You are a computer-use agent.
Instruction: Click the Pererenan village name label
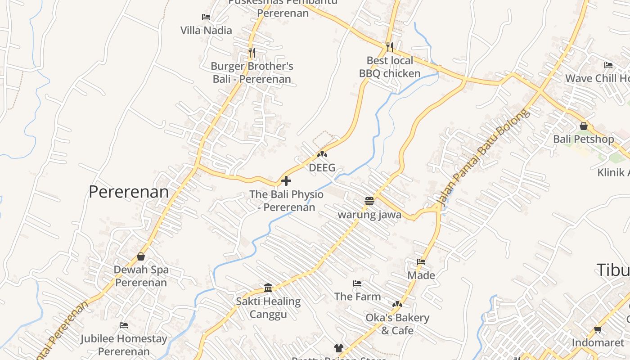129,192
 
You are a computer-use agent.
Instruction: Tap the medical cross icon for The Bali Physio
286,181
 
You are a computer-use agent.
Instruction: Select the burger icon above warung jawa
369,201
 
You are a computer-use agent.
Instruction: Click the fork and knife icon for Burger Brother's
252,53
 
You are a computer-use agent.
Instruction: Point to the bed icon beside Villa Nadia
206,17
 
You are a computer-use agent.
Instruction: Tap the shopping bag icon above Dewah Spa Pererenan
141,256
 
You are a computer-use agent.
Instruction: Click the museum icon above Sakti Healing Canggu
268,288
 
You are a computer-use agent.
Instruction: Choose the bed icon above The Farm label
357,283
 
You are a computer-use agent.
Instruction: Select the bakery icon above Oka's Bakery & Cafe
397,305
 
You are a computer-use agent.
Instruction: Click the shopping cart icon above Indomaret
598,330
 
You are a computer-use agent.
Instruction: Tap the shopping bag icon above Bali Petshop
584,126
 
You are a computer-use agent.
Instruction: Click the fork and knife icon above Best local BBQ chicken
390,47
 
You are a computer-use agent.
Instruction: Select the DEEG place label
322,168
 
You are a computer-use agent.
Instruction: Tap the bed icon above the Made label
421,262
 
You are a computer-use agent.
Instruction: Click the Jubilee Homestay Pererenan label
124,345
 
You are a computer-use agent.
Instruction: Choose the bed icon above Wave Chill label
608,65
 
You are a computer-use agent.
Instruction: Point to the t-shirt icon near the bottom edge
338,348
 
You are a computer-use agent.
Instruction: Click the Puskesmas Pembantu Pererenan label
283,7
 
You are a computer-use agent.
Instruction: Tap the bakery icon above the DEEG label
322,154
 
